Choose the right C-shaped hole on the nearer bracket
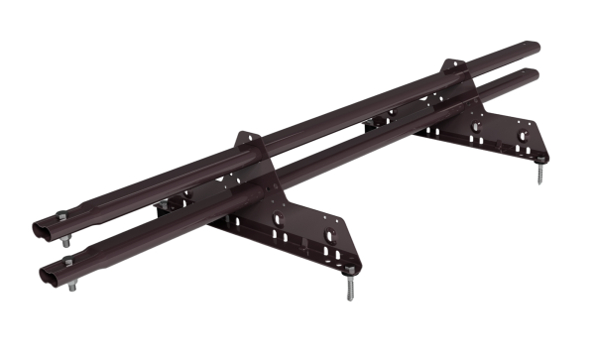coord(324,237)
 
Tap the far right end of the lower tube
coord(536,73)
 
